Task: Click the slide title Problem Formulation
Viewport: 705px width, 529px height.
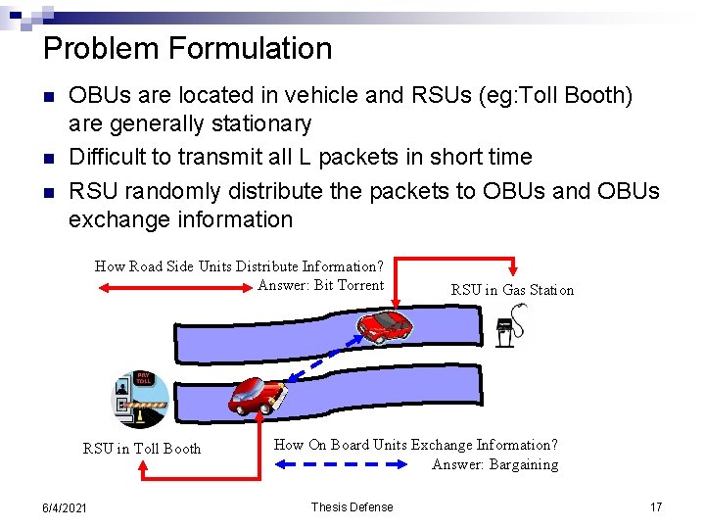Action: tap(188, 48)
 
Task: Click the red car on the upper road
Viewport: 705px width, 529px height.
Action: tap(386, 326)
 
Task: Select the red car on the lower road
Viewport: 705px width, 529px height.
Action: tap(258, 395)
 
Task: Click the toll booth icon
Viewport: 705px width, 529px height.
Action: tap(136, 400)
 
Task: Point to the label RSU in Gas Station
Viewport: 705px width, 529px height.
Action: tap(512, 289)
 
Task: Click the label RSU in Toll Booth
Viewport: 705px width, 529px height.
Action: tap(142, 449)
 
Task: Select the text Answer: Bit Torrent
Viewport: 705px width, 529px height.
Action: tap(320, 285)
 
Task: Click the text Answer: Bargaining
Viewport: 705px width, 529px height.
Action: tap(494, 464)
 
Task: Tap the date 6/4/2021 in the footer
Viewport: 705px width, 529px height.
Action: tap(64, 507)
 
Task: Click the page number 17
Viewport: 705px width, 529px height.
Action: tap(656, 506)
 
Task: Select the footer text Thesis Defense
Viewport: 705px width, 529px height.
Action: tap(352, 506)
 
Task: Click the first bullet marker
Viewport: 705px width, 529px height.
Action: tap(49, 97)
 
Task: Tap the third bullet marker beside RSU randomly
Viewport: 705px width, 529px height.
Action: tap(49, 191)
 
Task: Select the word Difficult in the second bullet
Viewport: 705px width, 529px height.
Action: tap(108, 157)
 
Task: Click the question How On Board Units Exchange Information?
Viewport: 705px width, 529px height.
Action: tap(415, 445)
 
